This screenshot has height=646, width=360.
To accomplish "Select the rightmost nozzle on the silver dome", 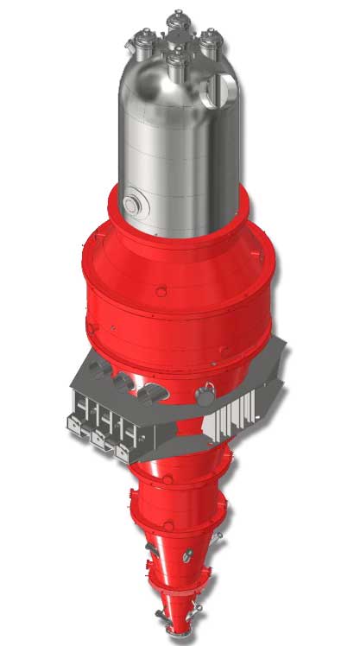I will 210,39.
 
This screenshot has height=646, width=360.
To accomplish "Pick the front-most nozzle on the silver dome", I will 179,60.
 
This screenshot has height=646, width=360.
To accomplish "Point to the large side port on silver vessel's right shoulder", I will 228,89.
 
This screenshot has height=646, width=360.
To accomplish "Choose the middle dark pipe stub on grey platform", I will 124,380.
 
